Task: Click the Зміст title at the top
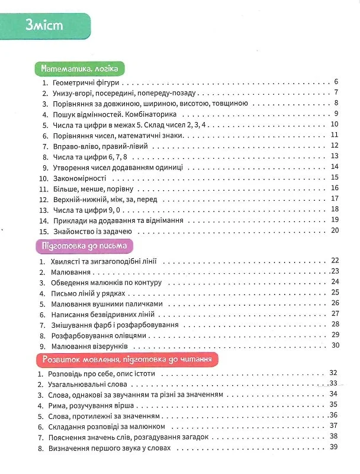[44, 26]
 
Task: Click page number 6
[335, 82]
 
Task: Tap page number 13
[334, 156]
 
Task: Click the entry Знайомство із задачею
[95, 230]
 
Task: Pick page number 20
[334, 230]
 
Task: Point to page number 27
[335, 313]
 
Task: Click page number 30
[335, 345]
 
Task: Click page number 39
[333, 447]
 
